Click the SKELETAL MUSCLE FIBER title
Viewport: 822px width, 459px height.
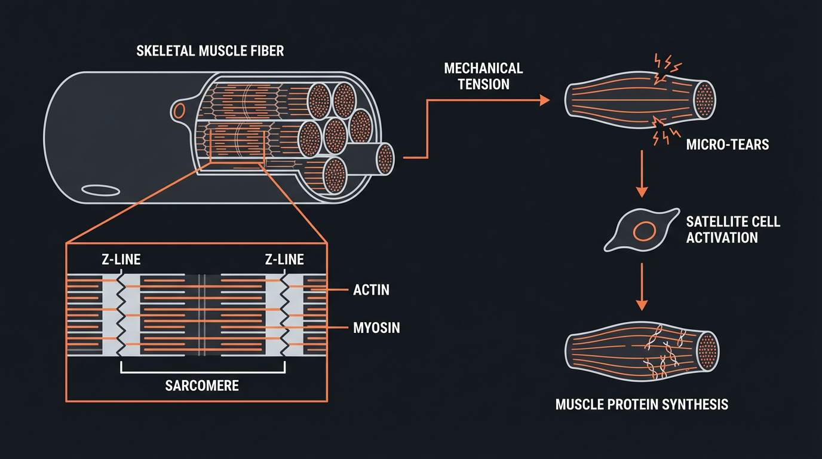coord(210,50)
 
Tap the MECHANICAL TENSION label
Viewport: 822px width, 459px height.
coord(483,76)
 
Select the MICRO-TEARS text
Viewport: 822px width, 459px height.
coord(728,144)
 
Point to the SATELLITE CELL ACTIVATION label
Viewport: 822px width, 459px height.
coord(733,229)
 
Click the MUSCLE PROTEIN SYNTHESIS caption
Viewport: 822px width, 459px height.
coord(642,405)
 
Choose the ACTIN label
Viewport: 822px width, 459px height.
coord(371,290)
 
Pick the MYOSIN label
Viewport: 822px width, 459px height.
coord(376,328)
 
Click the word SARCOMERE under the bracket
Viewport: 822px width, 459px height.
coord(201,385)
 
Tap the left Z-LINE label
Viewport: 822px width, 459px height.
coord(121,259)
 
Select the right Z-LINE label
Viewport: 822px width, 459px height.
coord(284,259)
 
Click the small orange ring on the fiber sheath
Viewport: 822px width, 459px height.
coord(179,110)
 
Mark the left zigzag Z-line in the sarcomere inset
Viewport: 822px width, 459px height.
coord(122,314)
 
